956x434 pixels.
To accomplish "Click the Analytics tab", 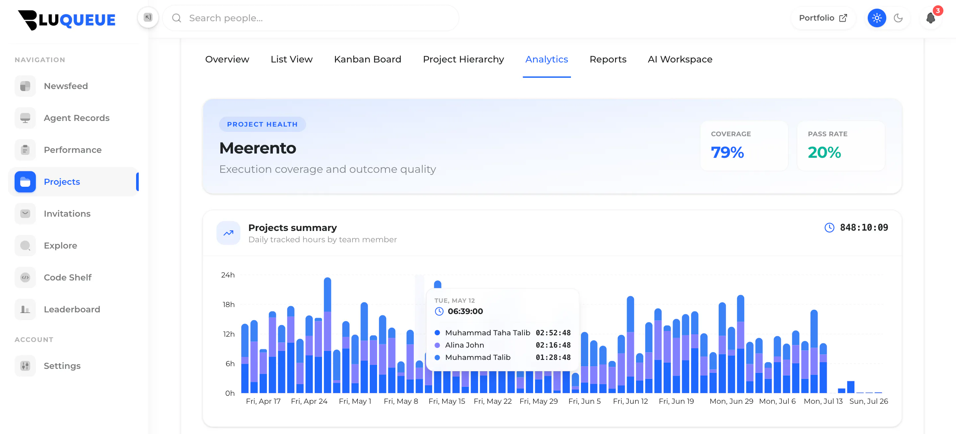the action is [546, 59].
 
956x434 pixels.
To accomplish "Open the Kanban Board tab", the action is [367, 59].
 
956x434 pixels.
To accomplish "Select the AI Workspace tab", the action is [680, 59].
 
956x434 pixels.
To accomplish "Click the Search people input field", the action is [311, 18].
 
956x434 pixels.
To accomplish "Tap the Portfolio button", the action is [823, 18].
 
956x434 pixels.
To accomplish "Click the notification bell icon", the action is [930, 18].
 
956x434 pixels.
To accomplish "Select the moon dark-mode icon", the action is [898, 18].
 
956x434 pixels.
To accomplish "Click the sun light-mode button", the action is [877, 18].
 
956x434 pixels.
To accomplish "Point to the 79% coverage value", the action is [727, 152].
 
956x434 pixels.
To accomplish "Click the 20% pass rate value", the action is [824, 152].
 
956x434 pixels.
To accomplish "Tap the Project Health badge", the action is [262, 124].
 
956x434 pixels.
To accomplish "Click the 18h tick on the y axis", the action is [229, 304].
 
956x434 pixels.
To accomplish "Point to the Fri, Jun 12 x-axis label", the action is [630, 401].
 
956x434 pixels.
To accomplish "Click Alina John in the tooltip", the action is [464, 345].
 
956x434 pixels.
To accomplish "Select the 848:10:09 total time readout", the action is [864, 227].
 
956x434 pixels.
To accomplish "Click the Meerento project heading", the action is [258, 148].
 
